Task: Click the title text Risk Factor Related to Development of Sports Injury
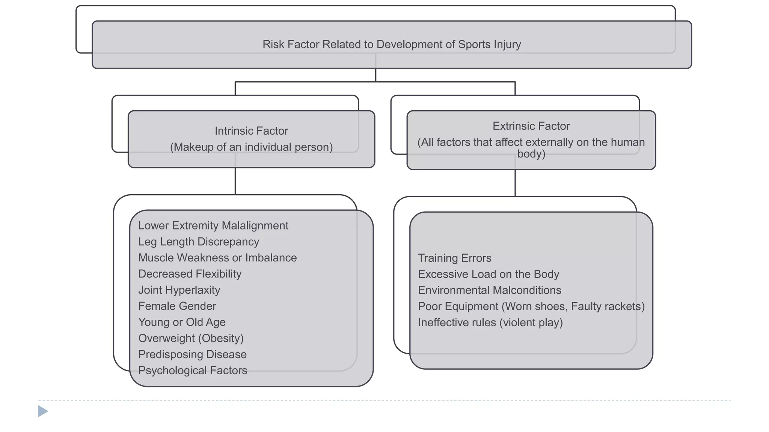point(392,44)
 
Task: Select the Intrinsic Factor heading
point(251,131)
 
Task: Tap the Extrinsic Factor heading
point(531,126)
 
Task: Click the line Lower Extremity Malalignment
point(213,225)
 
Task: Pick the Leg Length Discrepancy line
point(198,241)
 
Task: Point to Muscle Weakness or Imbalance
point(217,258)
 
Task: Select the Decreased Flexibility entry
point(190,274)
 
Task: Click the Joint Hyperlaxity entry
point(179,290)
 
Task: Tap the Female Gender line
point(177,306)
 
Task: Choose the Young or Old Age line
point(182,322)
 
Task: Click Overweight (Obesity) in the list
point(191,338)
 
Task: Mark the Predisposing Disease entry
point(192,354)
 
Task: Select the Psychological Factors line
point(193,370)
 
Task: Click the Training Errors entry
point(454,258)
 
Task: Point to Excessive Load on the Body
point(488,274)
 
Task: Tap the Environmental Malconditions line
point(489,290)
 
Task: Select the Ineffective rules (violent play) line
point(490,322)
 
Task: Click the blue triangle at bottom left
point(43,411)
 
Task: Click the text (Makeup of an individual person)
point(251,147)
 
